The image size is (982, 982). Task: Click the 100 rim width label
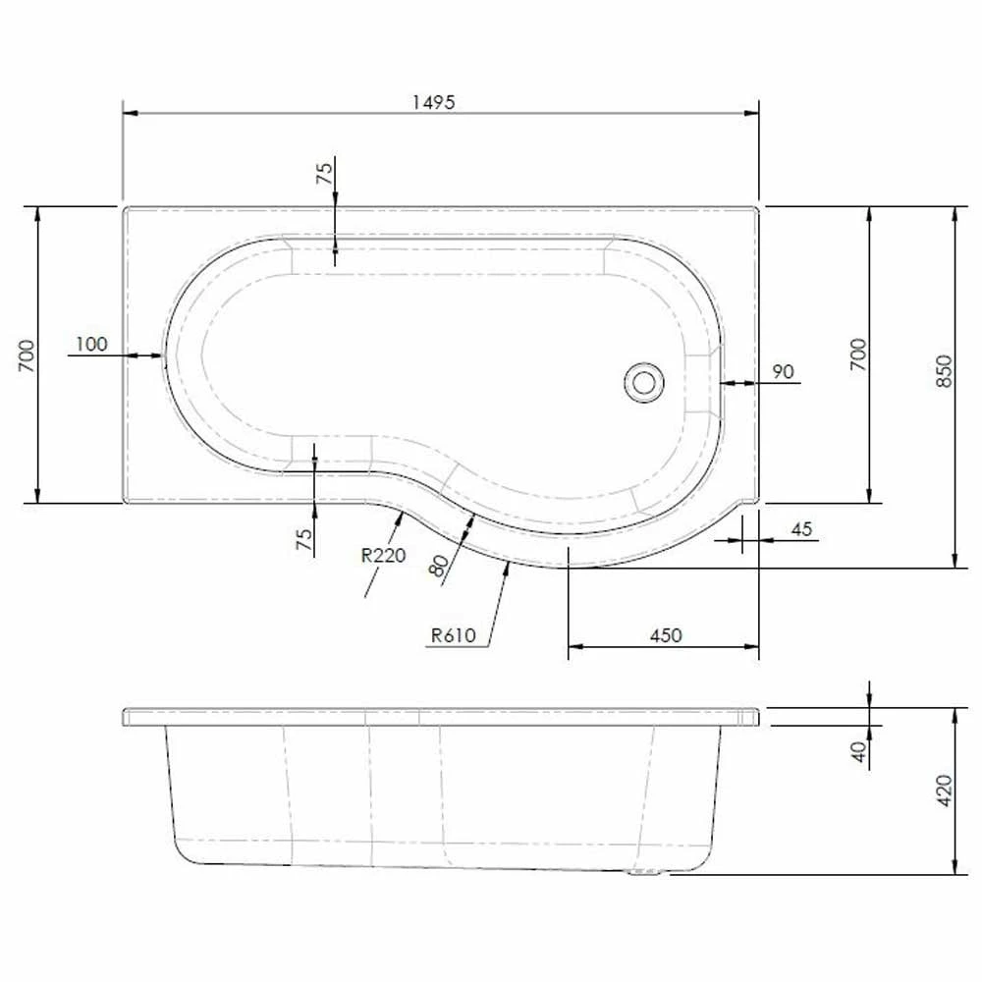(90, 344)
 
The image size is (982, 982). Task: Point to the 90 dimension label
(783, 371)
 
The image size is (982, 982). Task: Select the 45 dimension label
(801, 529)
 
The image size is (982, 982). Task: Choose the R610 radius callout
(453, 635)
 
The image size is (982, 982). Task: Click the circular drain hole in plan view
(644, 380)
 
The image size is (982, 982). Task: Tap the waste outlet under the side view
(646, 871)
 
